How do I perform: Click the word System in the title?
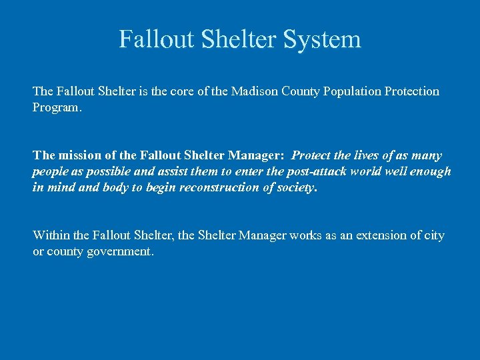coord(322,40)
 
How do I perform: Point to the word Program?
coord(57,107)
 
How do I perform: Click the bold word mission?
coord(81,155)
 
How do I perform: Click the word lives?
coord(369,155)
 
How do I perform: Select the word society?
coord(296,187)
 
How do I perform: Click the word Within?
coord(51,235)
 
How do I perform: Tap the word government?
coord(121,252)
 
